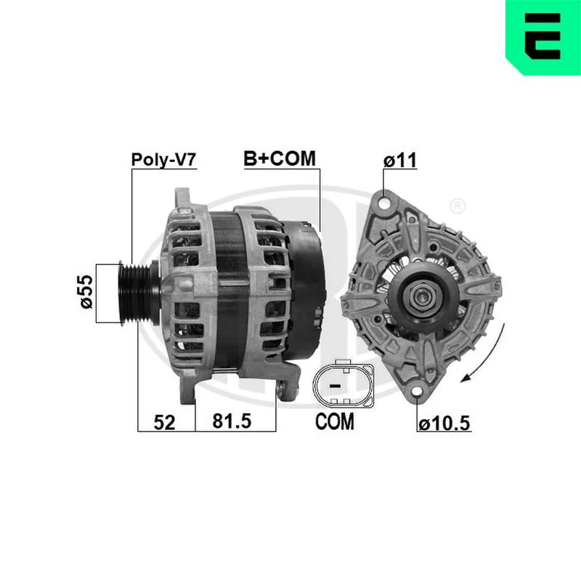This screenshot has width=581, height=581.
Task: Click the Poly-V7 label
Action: tap(163, 160)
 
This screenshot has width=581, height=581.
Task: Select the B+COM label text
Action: tap(280, 158)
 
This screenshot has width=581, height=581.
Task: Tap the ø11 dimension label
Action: tap(400, 161)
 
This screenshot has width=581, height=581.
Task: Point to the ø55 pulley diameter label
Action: tap(86, 292)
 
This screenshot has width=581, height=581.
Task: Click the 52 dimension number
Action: tap(164, 423)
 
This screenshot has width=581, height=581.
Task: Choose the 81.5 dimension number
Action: tap(232, 421)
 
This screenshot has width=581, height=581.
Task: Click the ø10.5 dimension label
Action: tap(444, 423)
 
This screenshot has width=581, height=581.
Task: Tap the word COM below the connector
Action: tap(335, 421)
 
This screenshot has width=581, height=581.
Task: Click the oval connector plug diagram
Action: tap(344, 384)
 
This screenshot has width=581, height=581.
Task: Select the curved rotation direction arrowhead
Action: tap(467, 378)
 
